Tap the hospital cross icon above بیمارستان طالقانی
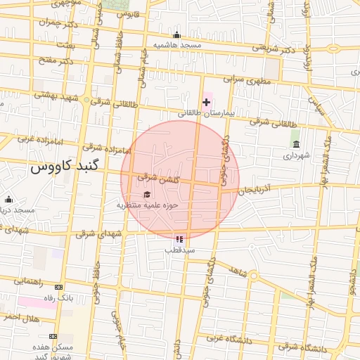coord(206,103)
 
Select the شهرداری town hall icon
coord(295,144)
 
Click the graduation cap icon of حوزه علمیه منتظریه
coord(147,195)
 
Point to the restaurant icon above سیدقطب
coord(180,239)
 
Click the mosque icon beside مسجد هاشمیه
coord(176,35)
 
